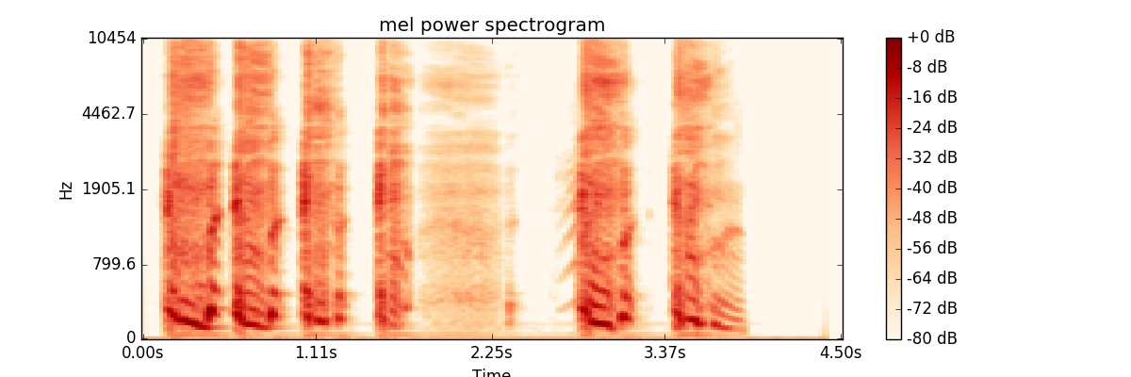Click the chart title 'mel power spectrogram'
pyautogui.click(x=492, y=25)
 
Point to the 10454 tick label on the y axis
pyautogui.click(x=111, y=38)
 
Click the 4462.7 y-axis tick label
pyautogui.click(x=108, y=113)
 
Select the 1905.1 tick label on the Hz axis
pyautogui.click(x=108, y=188)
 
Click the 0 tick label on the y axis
pyautogui.click(x=131, y=337)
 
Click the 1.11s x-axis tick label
pyautogui.click(x=317, y=353)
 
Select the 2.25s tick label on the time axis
pyautogui.click(x=492, y=353)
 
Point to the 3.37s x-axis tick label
pyautogui.click(x=666, y=353)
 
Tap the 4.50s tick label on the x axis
pyautogui.click(x=841, y=353)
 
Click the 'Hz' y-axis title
pyautogui.click(x=66, y=188)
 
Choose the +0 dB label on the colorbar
pyautogui.click(x=931, y=37)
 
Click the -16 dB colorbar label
pyautogui.click(x=931, y=97)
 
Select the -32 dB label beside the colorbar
pyautogui.click(x=931, y=157)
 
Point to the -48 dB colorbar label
pyautogui.click(x=931, y=218)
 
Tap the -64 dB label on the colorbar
pyautogui.click(x=931, y=278)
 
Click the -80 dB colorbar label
pyautogui.click(x=931, y=338)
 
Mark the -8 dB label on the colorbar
pyautogui.click(x=927, y=67)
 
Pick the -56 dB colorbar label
pyautogui.click(x=931, y=248)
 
